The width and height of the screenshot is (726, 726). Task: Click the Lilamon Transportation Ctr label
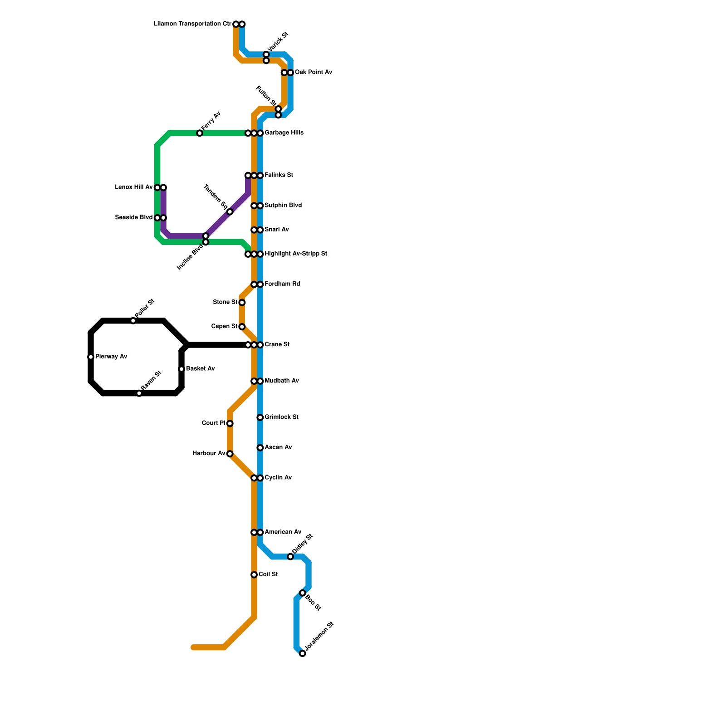point(192,24)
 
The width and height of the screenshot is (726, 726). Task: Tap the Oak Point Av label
point(313,73)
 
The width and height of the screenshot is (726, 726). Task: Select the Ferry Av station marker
point(200,133)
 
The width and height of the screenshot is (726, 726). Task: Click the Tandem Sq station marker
point(230,212)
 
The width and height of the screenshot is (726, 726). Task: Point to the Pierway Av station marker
point(91,357)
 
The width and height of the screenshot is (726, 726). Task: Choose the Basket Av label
point(200,369)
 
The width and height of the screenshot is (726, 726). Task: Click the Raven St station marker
point(139,393)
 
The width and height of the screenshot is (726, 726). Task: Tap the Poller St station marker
point(133,321)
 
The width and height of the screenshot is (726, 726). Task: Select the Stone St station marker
point(242,303)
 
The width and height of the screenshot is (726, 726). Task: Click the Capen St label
point(224,327)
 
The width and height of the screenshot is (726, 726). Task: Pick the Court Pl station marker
point(230,423)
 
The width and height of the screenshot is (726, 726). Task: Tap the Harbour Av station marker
point(230,454)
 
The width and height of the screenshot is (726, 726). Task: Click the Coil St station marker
point(254,575)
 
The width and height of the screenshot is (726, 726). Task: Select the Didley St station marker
point(290,557)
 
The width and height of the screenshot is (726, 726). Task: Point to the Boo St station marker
point(303,593)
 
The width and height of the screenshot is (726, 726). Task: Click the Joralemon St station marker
point(303,653)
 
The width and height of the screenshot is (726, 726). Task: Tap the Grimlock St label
point(281,417)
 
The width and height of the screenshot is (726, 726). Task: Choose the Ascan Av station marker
point(260,448)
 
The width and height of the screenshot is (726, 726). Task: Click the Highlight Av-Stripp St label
point(296,254)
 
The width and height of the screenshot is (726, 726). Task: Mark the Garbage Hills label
point(284,133)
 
